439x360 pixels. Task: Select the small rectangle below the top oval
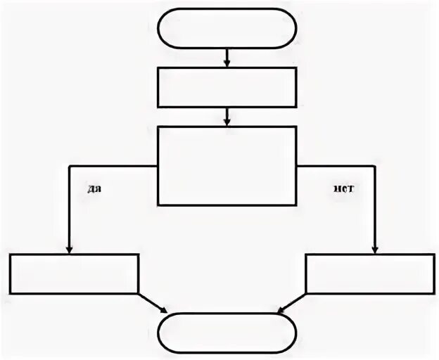click(x=227, y=86)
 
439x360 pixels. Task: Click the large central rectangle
click(x=227, y=165)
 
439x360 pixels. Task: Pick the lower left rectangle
click(x=75, y=274)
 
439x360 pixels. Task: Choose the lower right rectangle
click(x=371, y=274)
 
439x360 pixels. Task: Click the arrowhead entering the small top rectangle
click(x=227, y=64)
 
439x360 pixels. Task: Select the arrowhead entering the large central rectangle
click(x=227, y=122)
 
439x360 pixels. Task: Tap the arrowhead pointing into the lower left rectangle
click(x=70, y=250)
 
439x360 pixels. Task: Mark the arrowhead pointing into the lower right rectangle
click(x=375, y=250)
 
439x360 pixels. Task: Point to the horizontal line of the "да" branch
click(x=113, y=166)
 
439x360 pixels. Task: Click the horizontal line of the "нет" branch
click(x=336, y=166)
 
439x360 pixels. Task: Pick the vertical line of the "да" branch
click(x=70, y=207)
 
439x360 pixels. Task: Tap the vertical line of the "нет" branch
click(x=375, y=207)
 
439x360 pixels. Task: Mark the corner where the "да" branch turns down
click(x=70, y=166)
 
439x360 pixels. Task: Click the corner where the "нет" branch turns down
click(x=375, y=166)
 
